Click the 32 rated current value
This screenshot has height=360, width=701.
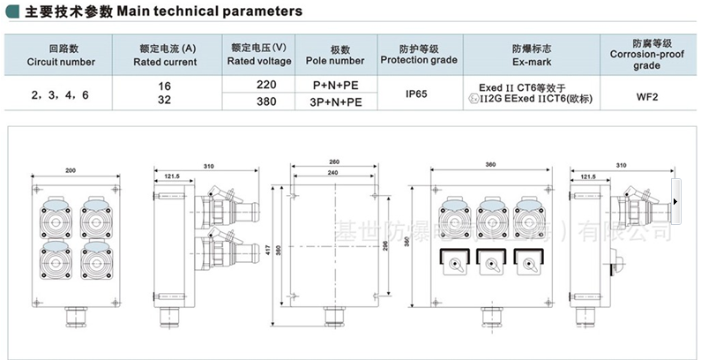(163, 101)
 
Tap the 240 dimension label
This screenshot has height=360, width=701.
(333, 174)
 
